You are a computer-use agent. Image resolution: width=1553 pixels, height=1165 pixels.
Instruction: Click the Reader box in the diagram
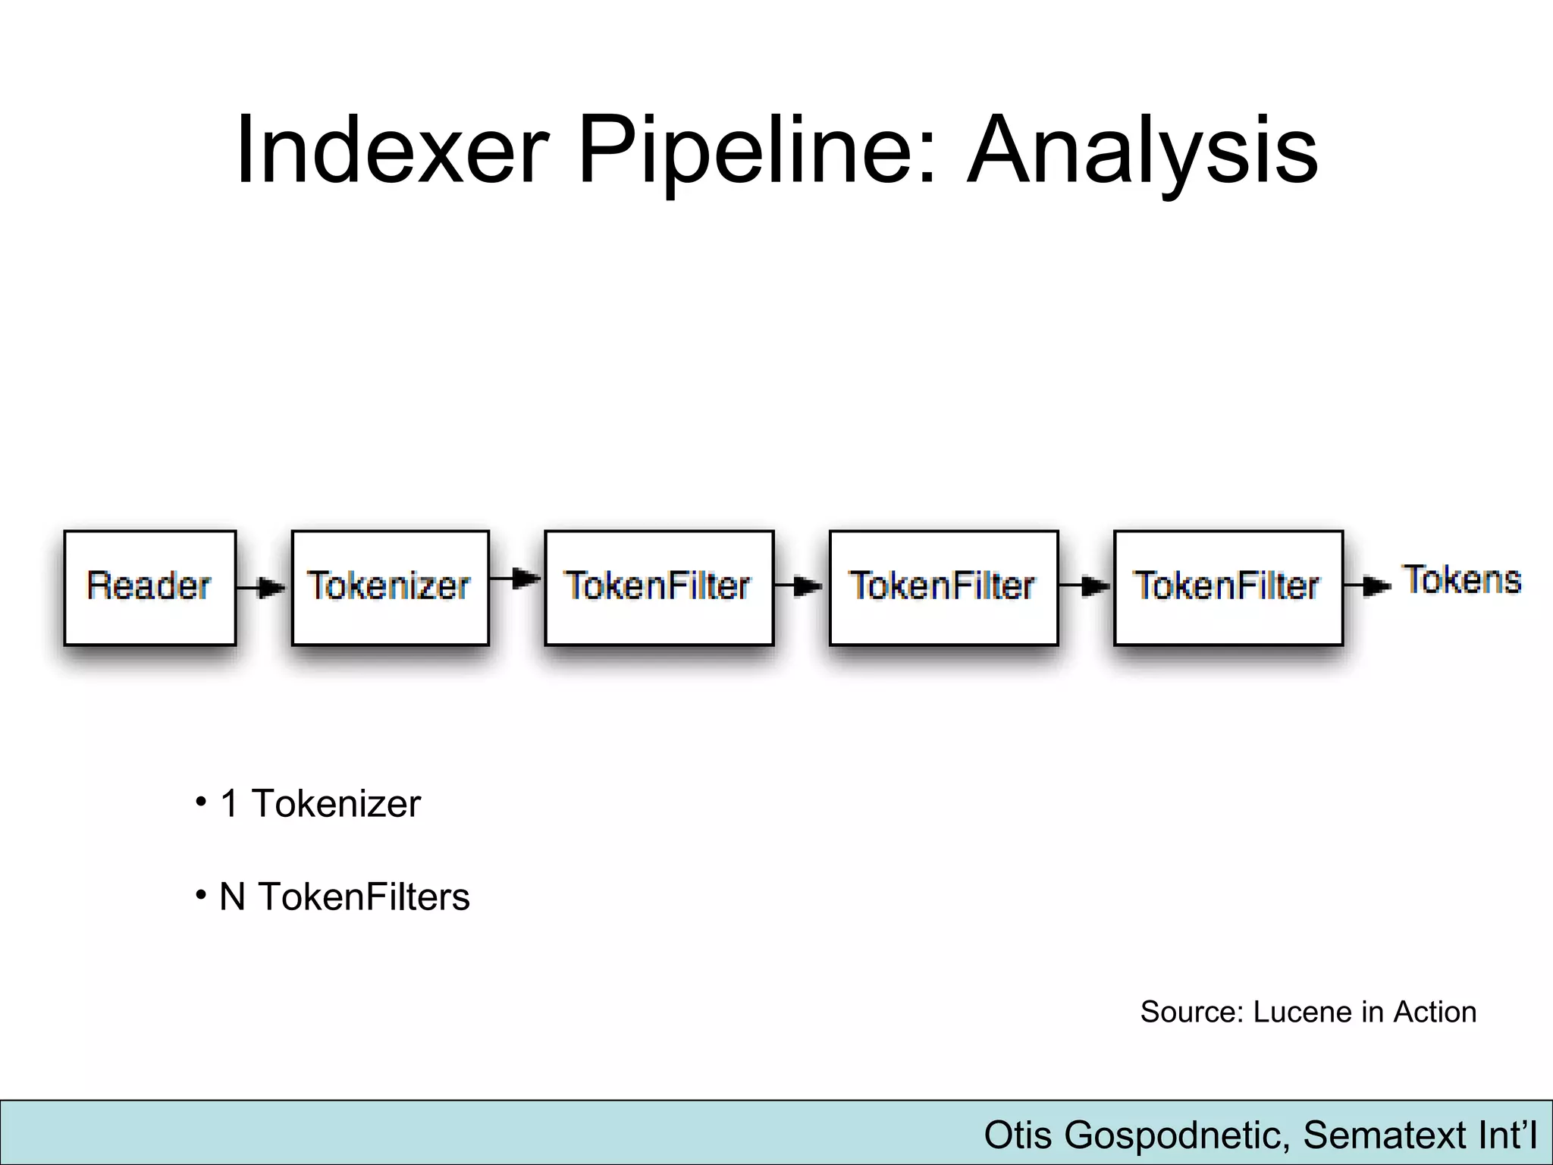pyautogui.click(x=149, y=586)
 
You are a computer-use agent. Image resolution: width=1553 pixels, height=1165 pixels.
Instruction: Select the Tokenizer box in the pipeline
pyautogui.click(x=390, y=586)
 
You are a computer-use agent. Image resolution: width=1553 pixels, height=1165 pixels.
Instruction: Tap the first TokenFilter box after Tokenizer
pyautogui.click(x=658, y=586)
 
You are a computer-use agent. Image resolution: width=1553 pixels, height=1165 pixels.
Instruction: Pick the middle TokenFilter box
pyautogui.click(x=943, y=586)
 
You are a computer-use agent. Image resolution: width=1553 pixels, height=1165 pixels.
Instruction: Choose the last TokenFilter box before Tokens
pyautogui.click(x=1228, y=586)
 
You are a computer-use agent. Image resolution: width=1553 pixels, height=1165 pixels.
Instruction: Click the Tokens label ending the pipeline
pyautogui.click(x=1463, y=580)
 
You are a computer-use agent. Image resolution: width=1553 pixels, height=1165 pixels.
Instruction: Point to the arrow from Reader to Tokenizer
pyautogui.click(x=262, y=587)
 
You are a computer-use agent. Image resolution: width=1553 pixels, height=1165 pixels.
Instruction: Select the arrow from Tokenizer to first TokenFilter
pyautogui.click(x=516, y=579)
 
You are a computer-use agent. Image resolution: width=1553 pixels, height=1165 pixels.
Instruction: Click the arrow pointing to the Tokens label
pyautogui.click(x=1368, y=586)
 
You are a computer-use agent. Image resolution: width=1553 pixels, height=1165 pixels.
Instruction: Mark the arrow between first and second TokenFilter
pyautogui.click(x=800, y=586)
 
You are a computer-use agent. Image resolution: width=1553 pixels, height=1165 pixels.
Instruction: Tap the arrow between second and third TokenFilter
pyautogui.click(x=1085, y=586)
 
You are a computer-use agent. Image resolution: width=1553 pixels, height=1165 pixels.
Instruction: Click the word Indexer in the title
pyautogui.click(x=392, y=149)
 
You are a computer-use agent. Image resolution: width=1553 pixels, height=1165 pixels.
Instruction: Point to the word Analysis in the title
pyautogui.click(x=1143, y=149)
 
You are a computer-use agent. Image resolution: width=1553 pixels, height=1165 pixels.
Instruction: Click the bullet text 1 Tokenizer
pyautogui.click(x=319, y=803)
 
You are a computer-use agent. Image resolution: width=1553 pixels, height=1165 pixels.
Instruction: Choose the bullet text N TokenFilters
pyautogui.click(x=344, y=897)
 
